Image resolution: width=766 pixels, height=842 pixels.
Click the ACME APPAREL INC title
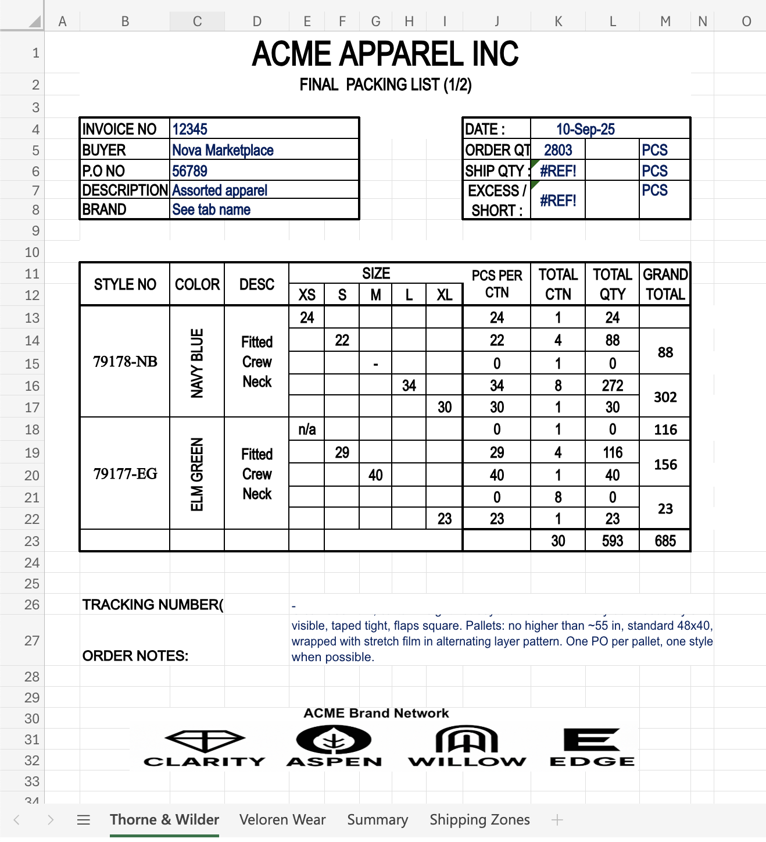(x=385, y=54)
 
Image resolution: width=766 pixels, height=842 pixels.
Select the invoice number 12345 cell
(x=190, y=129)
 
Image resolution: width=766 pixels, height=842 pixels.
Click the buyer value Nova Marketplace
(x=223, y=150)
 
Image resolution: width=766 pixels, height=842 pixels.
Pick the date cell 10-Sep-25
(x=585, y=129)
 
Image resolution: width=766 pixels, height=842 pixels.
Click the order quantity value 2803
(x=558, y=150)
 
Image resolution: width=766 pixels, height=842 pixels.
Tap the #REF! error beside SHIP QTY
(x=558, y=171)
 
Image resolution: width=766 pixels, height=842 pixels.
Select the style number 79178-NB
(x=125, y=362)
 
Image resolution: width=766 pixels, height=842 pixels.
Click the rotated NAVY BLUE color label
(x=197, y=363)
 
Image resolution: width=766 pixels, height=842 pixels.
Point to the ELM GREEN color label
(x=197, y=474)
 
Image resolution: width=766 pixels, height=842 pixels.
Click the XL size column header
(x=445, y=295)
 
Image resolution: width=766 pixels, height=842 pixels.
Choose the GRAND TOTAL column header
(x=665, y=284)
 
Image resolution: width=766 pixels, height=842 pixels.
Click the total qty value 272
(x=613, y=386)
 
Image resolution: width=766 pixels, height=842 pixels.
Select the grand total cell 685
(x=665, y=541)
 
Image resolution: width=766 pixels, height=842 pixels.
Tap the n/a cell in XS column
(x=307, y=430)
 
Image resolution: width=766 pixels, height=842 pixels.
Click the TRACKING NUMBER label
(x=152, y=605)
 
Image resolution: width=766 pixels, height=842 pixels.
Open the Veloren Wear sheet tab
(x=282, y=820)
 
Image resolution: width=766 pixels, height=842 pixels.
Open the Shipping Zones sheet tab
(x=479, y=820)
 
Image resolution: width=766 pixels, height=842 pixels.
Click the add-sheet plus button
(x=557, y=820)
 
